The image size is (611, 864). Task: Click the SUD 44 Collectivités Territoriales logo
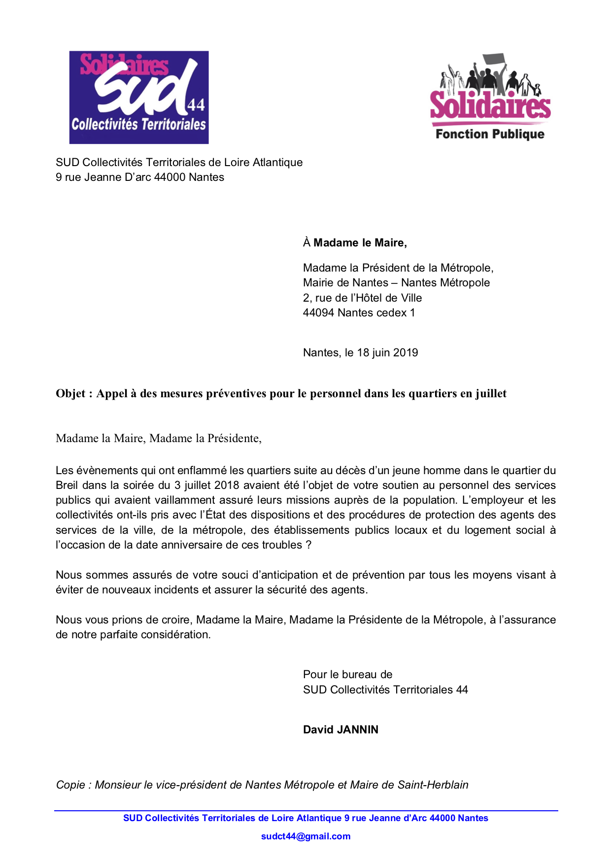pos(139,97)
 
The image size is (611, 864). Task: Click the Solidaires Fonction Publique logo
pos(490,97)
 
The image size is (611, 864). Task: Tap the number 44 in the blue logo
pos(196,105)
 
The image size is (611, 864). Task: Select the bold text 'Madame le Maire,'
pos(360,242)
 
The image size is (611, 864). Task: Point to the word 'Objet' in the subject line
pos(70,393)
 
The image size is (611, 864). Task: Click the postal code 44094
pos(318,312)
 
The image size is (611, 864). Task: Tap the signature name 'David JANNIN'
pos(340,729)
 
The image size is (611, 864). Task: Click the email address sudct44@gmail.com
pos(305,836)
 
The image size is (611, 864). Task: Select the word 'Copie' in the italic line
pos(71,785)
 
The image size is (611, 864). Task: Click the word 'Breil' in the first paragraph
pos(67,485)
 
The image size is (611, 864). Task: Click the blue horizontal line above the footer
pos(305,811)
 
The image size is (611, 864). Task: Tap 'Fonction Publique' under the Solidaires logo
pos(490,134)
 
